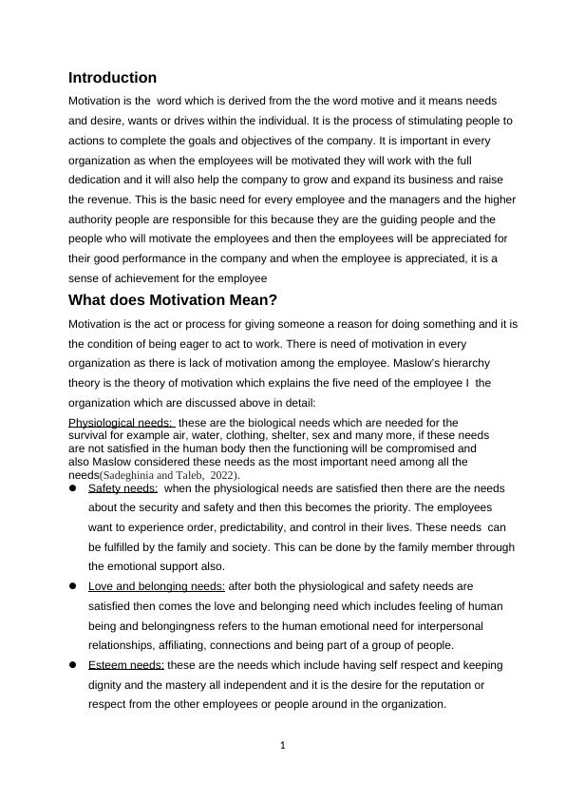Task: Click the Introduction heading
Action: pyautogui.click(x=112, y=78)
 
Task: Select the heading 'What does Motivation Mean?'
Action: pyautogui.click(x=173, y=300)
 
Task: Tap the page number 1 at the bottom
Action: pyautogui.click(x=283, y=745)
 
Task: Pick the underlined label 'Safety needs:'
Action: pyautogui.click(x=123, y=488)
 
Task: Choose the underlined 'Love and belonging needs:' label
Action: pyautogui.click(x=157, y=586)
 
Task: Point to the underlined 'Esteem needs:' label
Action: pyautogui.click(x=126, y=665)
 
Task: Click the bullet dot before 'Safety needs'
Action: pyautogui.click(x=73, y=488)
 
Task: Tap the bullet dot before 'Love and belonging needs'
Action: pyautogui.click(x=73, y=586)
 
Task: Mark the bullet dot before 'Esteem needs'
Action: pyautogui.click(x=73, y=665)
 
